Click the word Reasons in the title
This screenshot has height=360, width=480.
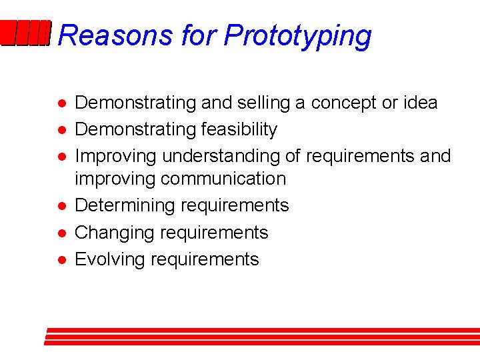point(114,35)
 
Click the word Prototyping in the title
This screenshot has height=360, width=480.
point(297,36)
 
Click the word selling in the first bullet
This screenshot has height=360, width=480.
point(252,103)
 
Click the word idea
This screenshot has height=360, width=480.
point(420,103)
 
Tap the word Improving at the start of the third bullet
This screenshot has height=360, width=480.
point(116,156)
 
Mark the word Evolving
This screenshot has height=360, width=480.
point(110,259)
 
